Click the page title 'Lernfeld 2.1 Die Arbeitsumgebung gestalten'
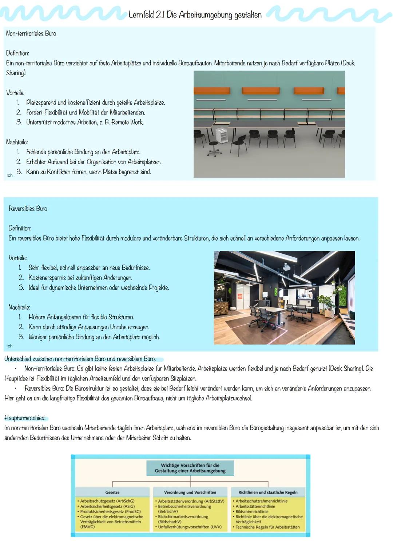(195, 15)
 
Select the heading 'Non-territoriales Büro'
(31, 33)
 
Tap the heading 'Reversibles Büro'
(28, 209)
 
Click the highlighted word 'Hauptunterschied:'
(25, 418)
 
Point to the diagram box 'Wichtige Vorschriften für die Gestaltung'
(190, 468)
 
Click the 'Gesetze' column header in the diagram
(112, 492)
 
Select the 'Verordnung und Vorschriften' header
(190, 492)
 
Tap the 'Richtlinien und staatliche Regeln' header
(268, 492)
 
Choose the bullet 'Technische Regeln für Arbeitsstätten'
(267, 527)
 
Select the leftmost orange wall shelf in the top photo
(211, 91)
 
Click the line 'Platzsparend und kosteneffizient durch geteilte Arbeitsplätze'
(95, 103)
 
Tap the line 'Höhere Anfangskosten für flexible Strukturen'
(81, 317)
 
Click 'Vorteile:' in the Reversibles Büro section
(17, 258)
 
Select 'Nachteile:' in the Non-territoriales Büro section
(17, 142)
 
